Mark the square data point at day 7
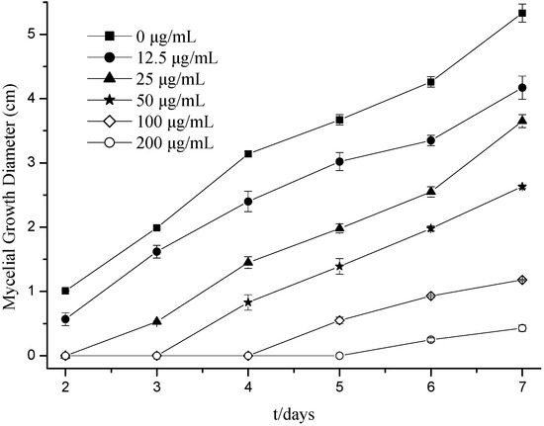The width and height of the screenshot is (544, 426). [x=521, y=13]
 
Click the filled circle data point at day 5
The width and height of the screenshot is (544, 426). [x=339, y=161]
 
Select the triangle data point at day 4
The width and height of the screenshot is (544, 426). [x=248, y=262]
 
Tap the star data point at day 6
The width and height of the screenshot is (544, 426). [x=430, y=228]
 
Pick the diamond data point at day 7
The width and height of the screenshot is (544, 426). [x=521, y=280]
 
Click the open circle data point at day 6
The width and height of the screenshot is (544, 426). [x=430, y=339]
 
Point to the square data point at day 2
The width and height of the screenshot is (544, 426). [x=66, y=291]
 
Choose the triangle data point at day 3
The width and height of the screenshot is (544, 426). [x=157, y=321]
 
